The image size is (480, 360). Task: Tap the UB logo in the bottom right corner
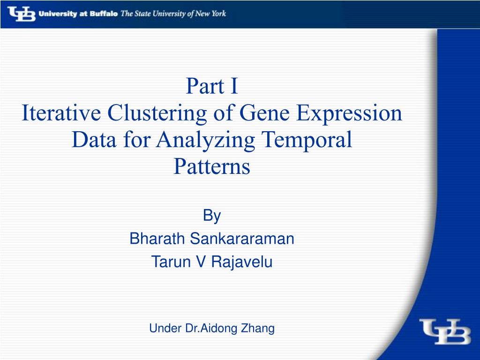click(x=445, y=331)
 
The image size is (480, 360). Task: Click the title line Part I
click(x=212, y=86)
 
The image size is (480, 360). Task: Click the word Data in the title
click(x=94, y=140)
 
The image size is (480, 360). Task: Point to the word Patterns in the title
click(x=212, y=166)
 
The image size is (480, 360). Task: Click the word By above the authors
click(x=212, y=216)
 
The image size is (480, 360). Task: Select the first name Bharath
click(x=157, y=239)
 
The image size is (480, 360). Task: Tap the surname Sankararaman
click(x=242, y=239)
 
